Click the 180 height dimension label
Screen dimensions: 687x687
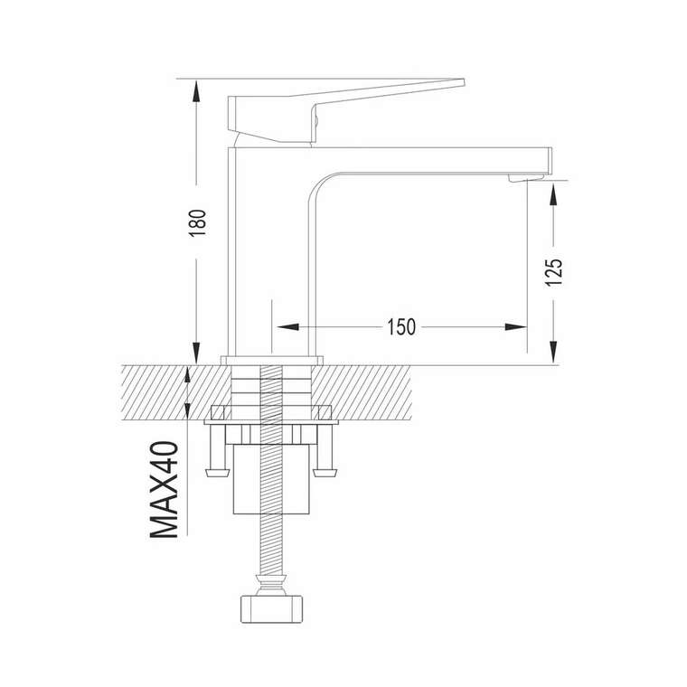(x=197, y=223)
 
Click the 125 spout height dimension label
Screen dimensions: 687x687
(x=553, y=272)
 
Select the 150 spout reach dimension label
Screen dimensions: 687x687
(x=400, y=327)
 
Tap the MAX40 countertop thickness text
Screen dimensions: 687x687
(x=165, y=489)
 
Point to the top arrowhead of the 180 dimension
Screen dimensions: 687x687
(x=196, y=90)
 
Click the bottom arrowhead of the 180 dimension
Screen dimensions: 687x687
(x=196, y=353)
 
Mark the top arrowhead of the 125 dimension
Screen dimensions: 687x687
(x=554, y=194)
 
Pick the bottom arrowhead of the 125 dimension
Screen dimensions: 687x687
(x=554, y=353)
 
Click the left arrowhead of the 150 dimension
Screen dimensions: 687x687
(x=287, y=327)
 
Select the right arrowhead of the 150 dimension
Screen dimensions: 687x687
(x=515, y=327)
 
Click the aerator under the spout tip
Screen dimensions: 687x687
(x=526, y=178)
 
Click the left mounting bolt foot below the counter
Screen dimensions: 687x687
(x=217, y=473)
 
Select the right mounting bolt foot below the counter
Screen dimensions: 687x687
(x=325, y=473)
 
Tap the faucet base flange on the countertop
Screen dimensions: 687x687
(x=272, y=360)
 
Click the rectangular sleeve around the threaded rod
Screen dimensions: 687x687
(x=272, y=479)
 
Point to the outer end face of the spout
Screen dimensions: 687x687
(x=551, y=160)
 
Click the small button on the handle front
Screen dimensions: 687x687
(x=315, y=118)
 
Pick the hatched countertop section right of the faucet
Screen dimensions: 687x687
(x=363, y=392)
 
